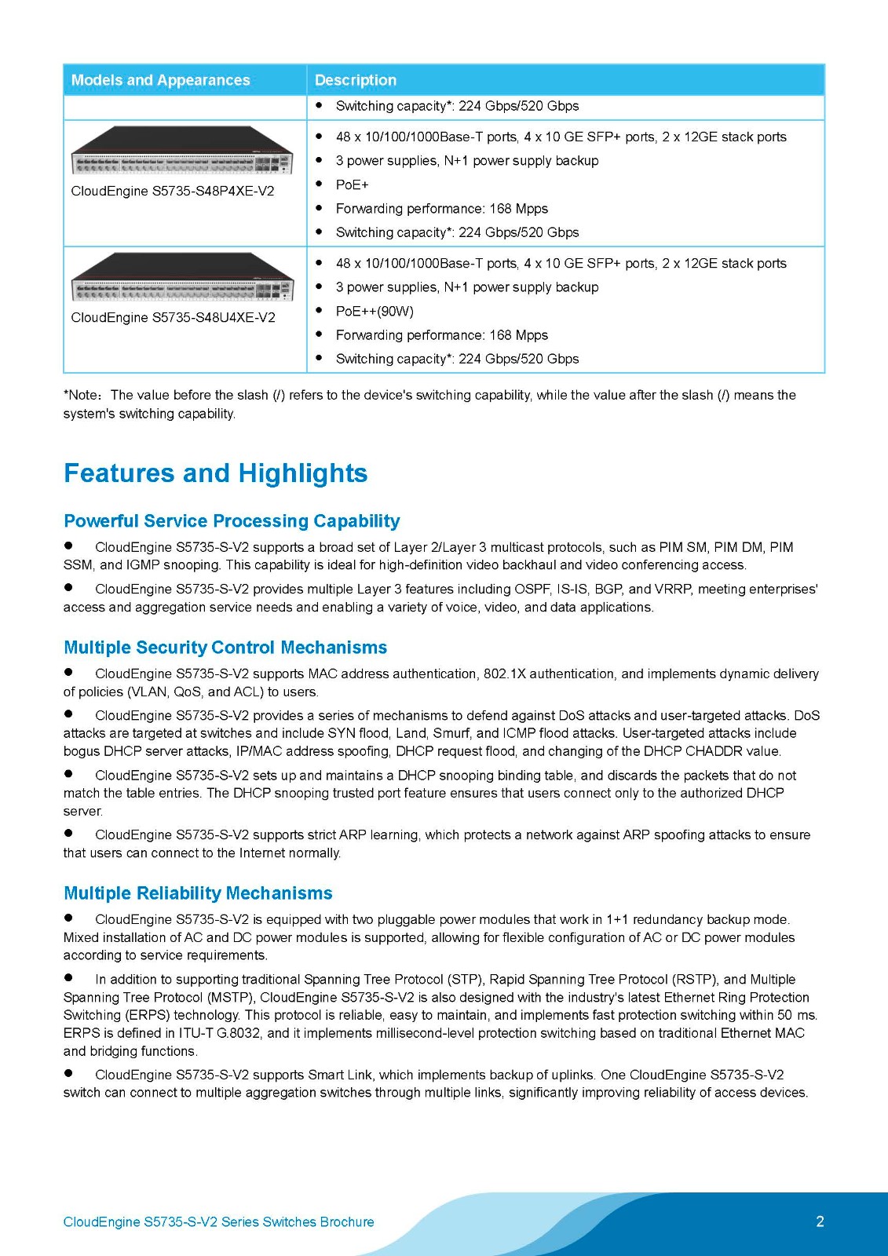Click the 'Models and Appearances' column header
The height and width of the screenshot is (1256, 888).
pos(160,80)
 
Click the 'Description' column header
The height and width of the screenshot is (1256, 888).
pos(355,80)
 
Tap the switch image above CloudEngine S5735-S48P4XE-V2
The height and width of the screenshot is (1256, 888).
pos(182,151)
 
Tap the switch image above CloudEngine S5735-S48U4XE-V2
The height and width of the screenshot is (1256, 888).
pos(182,277)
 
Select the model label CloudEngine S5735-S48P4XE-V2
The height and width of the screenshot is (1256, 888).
pos(173,192)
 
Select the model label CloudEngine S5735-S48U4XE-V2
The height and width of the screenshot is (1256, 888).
pos(173,318)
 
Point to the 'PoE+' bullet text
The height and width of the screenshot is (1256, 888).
pos(352,184)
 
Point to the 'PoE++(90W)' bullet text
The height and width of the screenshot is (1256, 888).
pos(375,312)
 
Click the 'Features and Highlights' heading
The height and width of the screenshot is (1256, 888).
pos(215,473)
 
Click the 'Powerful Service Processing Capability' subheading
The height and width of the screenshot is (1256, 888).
pos(232,521)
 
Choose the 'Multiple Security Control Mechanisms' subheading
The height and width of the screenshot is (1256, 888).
pos(225,648)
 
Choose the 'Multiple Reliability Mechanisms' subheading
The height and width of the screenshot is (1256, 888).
pos(198,893)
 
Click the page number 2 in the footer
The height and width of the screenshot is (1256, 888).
pos(820,1221)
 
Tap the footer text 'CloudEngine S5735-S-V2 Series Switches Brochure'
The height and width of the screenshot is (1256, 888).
pos(218,1222)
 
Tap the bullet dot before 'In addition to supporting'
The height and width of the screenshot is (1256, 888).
pos(69,978)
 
